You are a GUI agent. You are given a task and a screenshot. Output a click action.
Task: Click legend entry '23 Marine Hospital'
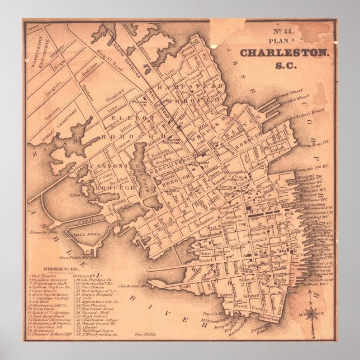[x=92, y=295]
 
